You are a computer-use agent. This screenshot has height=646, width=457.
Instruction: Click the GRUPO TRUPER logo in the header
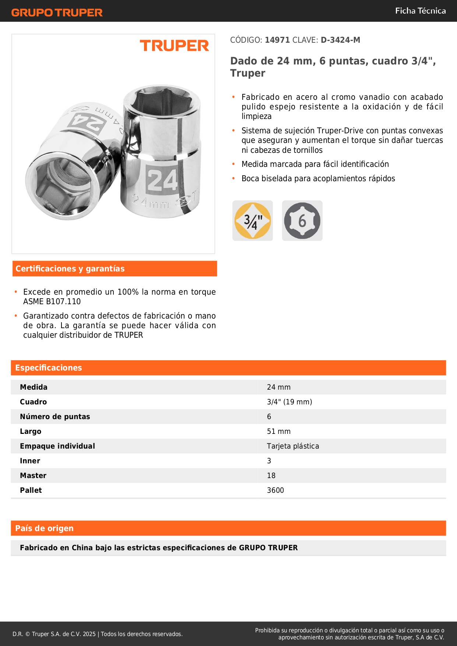[x=57, y=13]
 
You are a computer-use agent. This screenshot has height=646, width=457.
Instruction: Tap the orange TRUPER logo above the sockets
[x=174, y=46]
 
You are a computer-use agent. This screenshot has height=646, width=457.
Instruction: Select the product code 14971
[x=277, y=40]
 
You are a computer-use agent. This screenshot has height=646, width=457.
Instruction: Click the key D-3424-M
[x=340, y=40]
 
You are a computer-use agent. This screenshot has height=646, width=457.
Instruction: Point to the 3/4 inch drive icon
[x=253, y=221]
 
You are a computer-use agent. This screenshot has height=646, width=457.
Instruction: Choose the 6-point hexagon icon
[x=302, y=221]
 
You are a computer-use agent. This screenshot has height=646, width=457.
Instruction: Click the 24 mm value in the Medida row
[x=279, y=387]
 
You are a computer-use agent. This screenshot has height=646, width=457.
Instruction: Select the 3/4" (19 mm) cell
[x=289, y=402]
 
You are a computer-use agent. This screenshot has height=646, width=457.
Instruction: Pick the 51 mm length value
[x=279, y=431]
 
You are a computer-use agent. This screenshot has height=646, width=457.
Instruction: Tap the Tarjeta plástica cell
[x=293, y=446]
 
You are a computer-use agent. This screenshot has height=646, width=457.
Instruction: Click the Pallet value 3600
[x=275, y=490]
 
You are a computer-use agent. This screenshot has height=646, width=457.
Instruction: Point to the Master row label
[x=33, y=475]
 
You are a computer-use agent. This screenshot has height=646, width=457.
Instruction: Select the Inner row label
[x=30, y=461]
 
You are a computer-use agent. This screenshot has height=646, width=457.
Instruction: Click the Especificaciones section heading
[x=49, y=368]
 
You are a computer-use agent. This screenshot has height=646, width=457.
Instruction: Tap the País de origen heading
[x=44, y=528]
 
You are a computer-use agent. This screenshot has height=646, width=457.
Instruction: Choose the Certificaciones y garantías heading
[x=70, y=268]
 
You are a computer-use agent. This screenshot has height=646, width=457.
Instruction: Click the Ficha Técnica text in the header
[x=420, y=11]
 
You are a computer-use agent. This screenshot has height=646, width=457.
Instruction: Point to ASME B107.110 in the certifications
[x=52, y=302]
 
